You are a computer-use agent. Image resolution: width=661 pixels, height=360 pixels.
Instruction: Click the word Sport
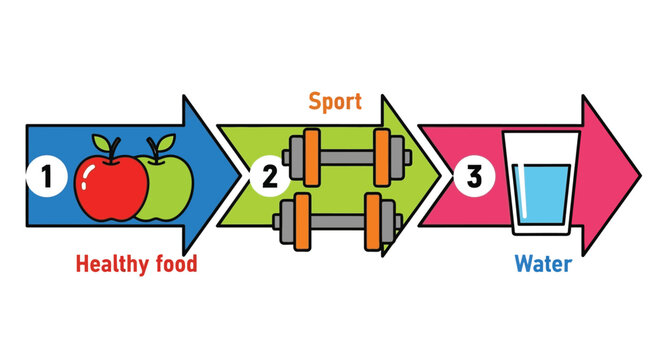[335, 101]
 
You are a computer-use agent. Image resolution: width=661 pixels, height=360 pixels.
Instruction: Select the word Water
[543, 265]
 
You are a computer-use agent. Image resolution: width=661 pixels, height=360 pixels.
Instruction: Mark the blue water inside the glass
[541, 200]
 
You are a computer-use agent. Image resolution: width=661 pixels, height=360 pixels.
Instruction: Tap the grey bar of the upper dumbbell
[348, 156]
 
